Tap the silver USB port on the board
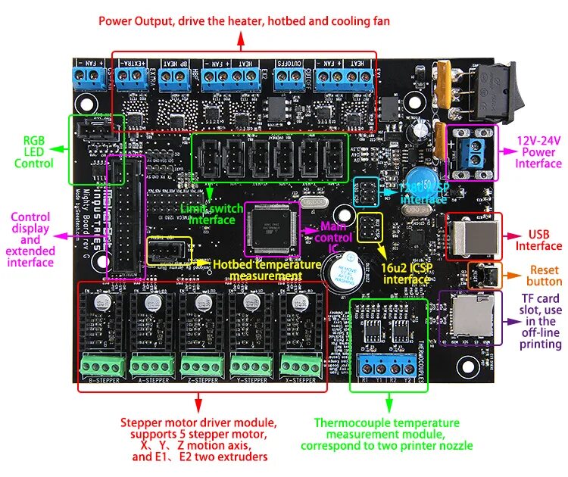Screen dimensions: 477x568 point(473,237)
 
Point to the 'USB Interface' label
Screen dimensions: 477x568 point(538,239)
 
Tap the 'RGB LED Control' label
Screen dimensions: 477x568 point(33,151)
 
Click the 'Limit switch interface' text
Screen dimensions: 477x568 point(212,214)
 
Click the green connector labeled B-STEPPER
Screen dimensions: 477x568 point(103,365)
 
